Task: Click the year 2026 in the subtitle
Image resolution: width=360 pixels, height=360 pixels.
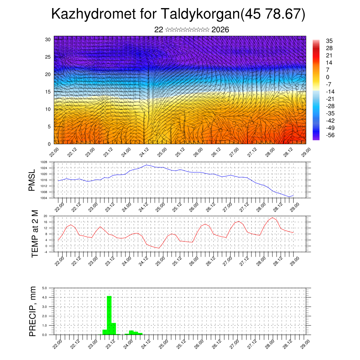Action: pos(220,30)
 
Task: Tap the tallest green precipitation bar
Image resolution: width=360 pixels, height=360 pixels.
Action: pos(109,315)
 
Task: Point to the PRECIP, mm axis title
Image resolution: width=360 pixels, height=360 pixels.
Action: pos(33,311)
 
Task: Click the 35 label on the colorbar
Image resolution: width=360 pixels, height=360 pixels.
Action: pos(329,41)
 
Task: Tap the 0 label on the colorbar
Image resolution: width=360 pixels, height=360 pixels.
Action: pos(328,77)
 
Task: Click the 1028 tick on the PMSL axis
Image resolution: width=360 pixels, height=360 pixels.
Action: pos(44,162)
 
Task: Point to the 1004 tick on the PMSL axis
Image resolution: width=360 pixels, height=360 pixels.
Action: pos(44,198)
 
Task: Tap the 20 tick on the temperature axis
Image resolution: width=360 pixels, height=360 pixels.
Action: pos(45,216)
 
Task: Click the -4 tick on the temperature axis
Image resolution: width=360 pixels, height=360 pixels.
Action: pos(45,252)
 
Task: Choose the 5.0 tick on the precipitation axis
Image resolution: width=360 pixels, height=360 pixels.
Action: pos(45,288)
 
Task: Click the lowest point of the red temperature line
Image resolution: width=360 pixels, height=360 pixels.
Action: pos(159,248)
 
